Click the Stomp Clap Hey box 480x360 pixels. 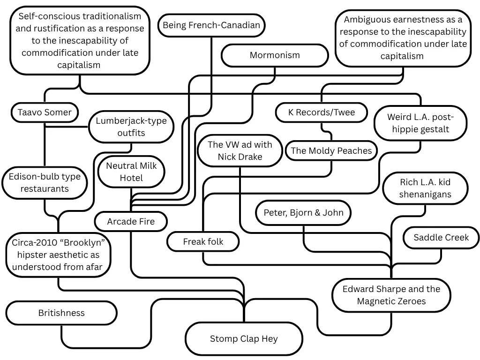coord(244,338)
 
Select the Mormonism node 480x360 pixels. coord(274,55)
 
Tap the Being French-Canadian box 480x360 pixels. coord(211,25)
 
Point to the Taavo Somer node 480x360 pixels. coord(45,112)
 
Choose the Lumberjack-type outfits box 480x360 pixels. coord(131,127)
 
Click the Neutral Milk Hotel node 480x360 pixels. coord(131,172)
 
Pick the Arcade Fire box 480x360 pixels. coord(131,222)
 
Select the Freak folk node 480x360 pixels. coord(203,242)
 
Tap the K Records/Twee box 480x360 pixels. coord(322,112)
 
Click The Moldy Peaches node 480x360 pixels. coord(331,150)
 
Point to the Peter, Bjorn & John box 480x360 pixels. coord(303,212)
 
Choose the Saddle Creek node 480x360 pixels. coord(441,238)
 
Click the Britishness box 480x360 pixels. coord(61,313)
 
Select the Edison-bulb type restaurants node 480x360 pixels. coord(45,183)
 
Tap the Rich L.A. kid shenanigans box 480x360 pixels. coord(425,188)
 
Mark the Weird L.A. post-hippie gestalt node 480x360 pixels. coord(420,123)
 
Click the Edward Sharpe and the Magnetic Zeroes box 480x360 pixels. coord(391,295)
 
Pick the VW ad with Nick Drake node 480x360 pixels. coord(240,150)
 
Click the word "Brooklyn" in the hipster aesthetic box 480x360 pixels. coord(82,243)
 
